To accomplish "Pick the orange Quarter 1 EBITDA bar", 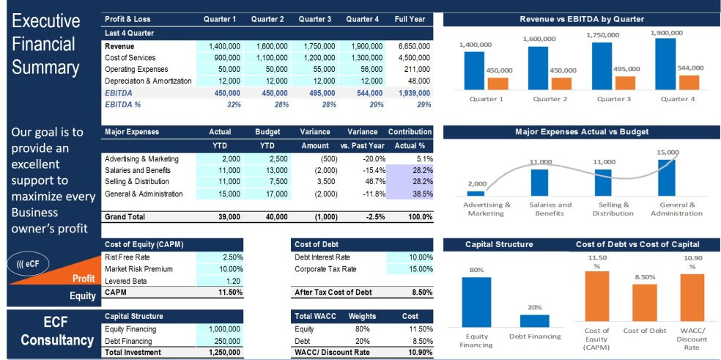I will pos(498,84).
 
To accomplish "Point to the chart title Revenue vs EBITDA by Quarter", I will pos(582,19).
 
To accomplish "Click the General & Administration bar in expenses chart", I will pos(667,177).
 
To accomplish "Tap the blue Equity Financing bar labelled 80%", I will pos(476,301).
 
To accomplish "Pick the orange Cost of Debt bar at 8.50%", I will pos(645,302).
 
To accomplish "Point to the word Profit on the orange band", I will pos(84,279).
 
